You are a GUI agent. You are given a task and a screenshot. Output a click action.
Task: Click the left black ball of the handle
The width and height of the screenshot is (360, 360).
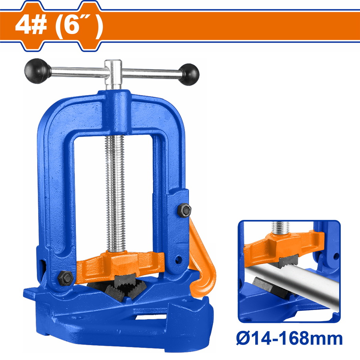(x=38, y=71)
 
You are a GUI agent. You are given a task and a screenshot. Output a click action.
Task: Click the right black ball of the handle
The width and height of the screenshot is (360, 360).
(x=189, y=74)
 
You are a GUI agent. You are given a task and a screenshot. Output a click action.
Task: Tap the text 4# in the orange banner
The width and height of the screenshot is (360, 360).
(x=31, y=25)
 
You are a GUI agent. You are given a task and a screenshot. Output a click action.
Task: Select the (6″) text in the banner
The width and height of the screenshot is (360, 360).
(x=79, y=26)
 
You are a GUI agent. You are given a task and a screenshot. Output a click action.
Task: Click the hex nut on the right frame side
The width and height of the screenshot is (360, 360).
(x=184, y=210)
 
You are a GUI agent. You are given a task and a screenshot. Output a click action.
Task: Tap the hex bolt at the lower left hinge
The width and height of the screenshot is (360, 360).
(x=66, y=278)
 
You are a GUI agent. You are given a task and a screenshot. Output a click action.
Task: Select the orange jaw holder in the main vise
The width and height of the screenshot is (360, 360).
(x=120, y=265)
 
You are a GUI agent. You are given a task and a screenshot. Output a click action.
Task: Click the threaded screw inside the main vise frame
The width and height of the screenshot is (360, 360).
(x=115, y=193)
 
